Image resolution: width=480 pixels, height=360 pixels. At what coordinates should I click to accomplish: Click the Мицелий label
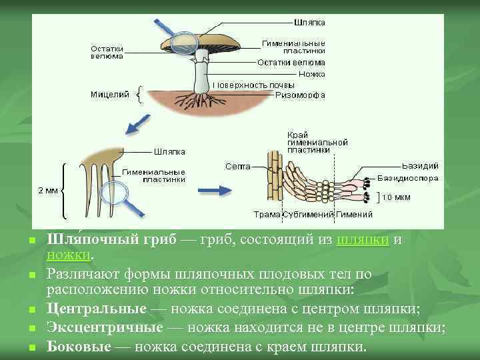tap(109, 95)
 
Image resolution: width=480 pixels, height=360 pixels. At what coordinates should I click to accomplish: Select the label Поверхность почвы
tap(249, 85)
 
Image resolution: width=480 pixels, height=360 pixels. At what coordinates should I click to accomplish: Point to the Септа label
tap(237, 165)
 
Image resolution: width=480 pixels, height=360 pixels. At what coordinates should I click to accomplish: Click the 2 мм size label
tap(47, 191)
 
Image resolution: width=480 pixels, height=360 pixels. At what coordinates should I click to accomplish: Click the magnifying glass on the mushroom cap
tap(181, 44)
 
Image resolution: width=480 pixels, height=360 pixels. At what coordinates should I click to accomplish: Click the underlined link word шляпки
tap(363, 239)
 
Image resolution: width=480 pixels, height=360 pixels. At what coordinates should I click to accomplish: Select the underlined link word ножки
tap(69, 255)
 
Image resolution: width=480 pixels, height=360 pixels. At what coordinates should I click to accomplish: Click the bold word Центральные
tap(96, 309)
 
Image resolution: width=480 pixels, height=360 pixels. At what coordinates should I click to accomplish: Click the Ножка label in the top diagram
tap(307, 73)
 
